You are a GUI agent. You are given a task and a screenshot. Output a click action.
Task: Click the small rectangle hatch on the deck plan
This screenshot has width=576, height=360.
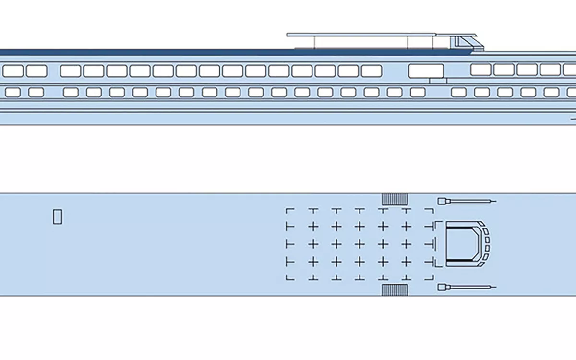[57, 217]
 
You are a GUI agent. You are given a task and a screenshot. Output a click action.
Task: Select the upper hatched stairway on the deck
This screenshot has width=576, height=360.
[395, 199]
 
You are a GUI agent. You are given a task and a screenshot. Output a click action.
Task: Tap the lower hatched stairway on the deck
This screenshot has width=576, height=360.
[395, 290]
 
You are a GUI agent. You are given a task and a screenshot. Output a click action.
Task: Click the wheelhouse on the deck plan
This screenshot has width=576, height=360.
[463, 244]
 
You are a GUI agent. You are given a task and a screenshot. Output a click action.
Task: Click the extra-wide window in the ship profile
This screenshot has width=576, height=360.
[426, 71]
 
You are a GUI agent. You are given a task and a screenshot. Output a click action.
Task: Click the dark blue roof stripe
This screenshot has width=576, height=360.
[144, 52]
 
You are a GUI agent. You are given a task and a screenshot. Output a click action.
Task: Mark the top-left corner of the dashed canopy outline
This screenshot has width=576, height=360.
[287, 210]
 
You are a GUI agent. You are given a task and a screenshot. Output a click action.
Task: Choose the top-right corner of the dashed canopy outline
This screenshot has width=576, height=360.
[432, 210]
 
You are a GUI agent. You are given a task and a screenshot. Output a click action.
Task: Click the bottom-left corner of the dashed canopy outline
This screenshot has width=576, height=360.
[287, 278]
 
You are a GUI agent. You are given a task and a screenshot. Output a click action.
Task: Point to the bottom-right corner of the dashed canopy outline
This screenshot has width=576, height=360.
[432, 278]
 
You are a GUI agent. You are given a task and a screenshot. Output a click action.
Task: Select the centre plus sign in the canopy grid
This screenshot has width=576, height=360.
[360, 244]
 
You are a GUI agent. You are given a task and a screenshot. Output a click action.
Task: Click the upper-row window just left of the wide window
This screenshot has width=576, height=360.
[372, 71]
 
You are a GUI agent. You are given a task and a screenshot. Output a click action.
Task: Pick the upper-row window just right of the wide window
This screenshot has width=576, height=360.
[480, 70]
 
